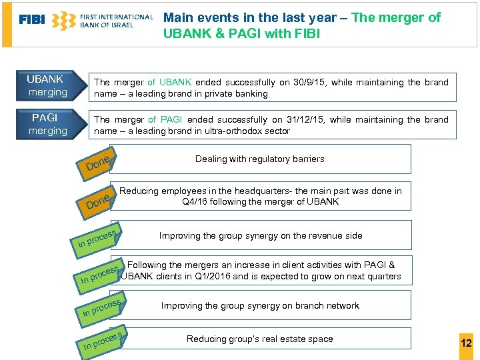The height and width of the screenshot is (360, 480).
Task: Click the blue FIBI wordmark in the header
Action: [x=32, y=20]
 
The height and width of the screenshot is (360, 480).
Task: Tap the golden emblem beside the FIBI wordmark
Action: [x=64, y=21]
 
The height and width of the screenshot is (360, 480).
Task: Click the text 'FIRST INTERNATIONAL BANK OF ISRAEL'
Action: [x=116, y=21]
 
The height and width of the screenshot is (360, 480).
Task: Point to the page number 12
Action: [x=466, y=343]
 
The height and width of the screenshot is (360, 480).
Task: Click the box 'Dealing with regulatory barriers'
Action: [x=260, y=159]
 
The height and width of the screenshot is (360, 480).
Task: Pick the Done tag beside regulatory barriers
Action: [x=97, y=161]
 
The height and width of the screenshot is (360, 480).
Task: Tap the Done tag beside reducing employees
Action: [x=97, y=201]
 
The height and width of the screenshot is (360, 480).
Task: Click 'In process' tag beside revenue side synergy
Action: [x=97, y=238]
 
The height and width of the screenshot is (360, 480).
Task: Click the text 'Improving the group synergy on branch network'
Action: [x=260, y=306]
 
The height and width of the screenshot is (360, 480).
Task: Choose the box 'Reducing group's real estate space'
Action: [x=260, y=339]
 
